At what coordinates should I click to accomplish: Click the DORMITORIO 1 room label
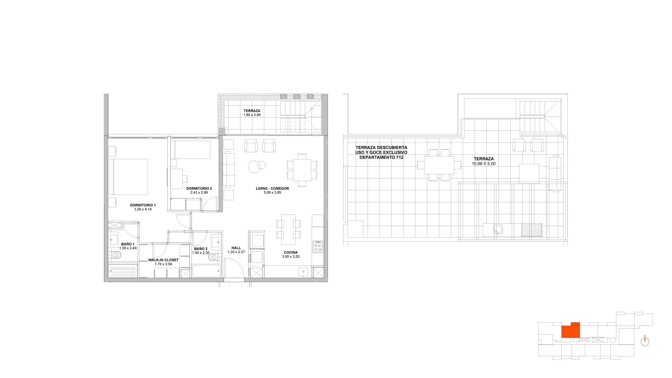click(143, 205)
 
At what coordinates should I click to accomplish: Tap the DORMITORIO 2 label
click(199, 188)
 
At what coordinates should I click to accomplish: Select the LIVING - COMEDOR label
click(272, 188)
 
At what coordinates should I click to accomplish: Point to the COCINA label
click(291, 252)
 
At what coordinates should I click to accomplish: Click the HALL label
click(236, 248)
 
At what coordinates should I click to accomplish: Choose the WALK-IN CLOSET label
click(163, 260)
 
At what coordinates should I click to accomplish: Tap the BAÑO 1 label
click(128, 244)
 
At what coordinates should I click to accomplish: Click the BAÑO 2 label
click(201, 248)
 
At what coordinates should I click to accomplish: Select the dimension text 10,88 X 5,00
click(484, 164)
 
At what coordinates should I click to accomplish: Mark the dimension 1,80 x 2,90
click(252, 115)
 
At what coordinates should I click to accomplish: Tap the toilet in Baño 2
click(213, 258)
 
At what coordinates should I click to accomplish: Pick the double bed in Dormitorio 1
click(128, 177)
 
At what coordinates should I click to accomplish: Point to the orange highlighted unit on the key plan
click(570, 331)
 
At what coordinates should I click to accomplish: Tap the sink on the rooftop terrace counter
click(498, 230)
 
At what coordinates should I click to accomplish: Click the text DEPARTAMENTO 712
click(381, 157)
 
